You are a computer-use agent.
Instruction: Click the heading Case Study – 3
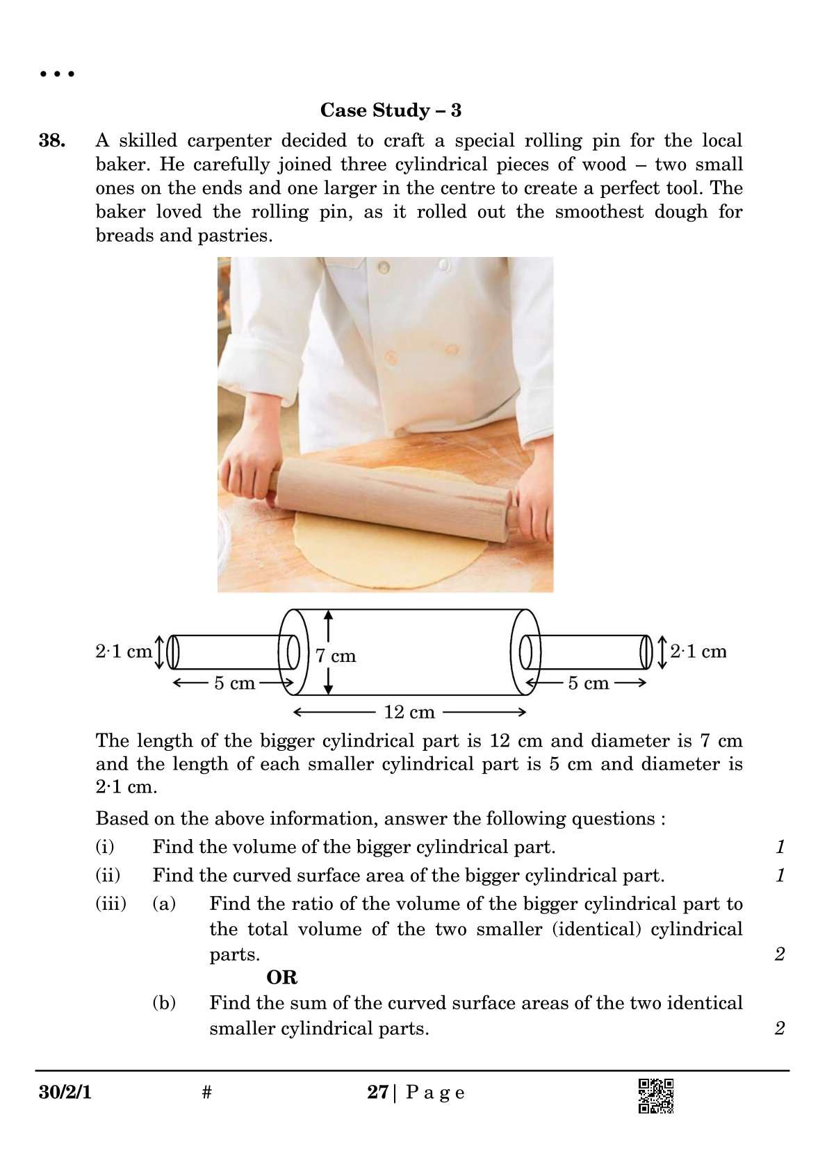click(x=391, y=110)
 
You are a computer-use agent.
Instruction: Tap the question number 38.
click(x=52, y=141)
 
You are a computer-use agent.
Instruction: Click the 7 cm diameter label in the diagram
click(x=336, y=656)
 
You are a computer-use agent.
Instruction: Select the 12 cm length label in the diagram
click(x=409, y=712)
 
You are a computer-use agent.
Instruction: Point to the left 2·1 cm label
click(x=123, y=652)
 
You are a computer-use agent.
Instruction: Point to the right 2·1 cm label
click(x=698, y=652)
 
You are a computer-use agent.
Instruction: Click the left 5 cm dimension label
click(x=234, y=683)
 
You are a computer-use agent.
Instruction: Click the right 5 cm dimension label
click(x=588, y=683)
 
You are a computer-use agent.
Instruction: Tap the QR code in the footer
click(x=655, y=1096)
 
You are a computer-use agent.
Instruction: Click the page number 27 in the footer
click(x=377, y=1093)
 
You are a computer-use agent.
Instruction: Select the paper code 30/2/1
click(x=65, y=1093)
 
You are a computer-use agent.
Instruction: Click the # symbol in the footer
click(x=206, y=1093)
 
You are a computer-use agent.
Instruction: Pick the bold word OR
click(x=281, y=978)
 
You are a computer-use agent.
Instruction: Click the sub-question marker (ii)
click(x=108, y=875)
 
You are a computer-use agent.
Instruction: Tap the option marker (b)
click(x=164, y=1003)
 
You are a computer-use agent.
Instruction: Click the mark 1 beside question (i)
click(x=780, y=847)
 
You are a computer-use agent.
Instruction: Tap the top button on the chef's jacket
click(x=382, y=266)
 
